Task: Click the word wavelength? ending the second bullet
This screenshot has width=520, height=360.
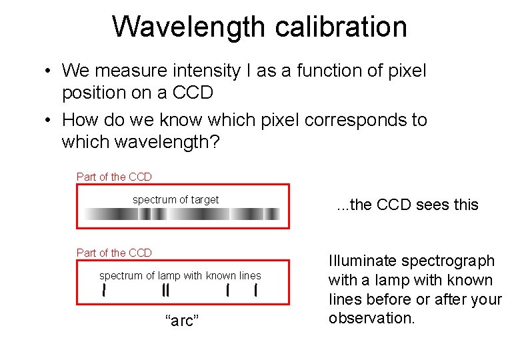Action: click(x=140, y=142)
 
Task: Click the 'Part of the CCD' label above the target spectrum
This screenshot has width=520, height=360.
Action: click(x=114, y=177)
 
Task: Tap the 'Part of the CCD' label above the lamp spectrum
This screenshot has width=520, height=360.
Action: click(x=114, y=253)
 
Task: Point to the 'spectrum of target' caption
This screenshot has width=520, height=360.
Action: click(x=175, y=199)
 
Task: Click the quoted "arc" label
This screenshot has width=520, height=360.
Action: click(x=182, y=321)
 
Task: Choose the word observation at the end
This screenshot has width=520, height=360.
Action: click(x=371, y=318)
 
